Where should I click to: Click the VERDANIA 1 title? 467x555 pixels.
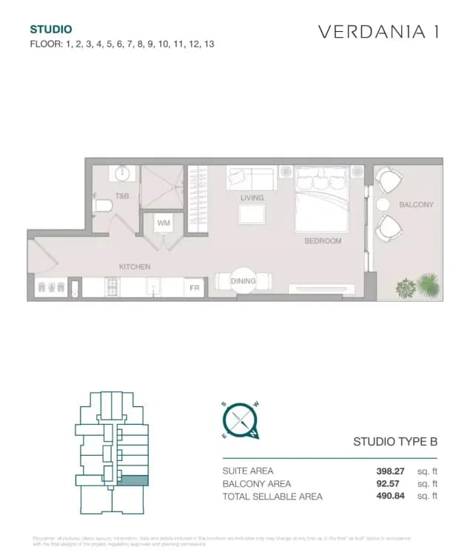[x=377, y=32]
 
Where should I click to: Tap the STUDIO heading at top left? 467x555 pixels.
[x=50, y=30]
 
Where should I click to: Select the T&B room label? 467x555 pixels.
[x=122, y=196]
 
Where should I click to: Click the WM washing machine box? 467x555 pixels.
[x=164, y=223]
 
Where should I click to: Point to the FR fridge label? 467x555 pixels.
[x=195, y=287]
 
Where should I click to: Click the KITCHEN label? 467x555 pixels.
[x=135, y=266]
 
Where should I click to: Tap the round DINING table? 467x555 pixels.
[x=243, y=281]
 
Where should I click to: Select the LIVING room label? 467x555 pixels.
[x=252, y=198]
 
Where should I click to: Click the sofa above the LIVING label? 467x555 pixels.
[x=251, y=178]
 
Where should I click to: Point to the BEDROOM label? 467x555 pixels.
[x=323, y=241]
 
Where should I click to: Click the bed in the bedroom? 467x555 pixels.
[x=321, y=196]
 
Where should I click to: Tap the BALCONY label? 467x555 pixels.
[x=416, y=204]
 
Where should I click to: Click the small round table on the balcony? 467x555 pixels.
[x=383, y=204]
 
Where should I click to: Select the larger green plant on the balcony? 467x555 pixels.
[x=428, y=284]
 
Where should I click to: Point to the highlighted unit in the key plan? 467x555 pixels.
[x=134, y=480]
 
